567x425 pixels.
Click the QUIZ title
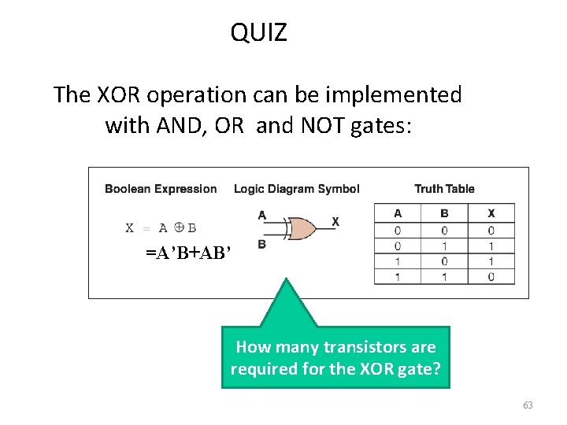point(258,33)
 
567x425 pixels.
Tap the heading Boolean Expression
point(161,189)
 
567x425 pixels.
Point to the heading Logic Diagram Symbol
point(296,189)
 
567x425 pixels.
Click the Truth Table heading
point(444,189)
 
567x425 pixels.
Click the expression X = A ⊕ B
point(161,228)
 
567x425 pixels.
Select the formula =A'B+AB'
point(188,253)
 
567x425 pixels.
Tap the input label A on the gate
point(261,215)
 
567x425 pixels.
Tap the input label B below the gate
point(261,245)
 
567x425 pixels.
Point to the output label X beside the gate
point(335,222)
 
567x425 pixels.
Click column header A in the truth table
point(397,213)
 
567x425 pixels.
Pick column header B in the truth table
point(444,213)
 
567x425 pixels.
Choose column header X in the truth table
point(491,213)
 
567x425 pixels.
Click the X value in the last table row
point(491,276)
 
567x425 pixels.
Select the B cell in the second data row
point(444,246)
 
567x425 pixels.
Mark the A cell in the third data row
point(397,261)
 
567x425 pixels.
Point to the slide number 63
point(527,405)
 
